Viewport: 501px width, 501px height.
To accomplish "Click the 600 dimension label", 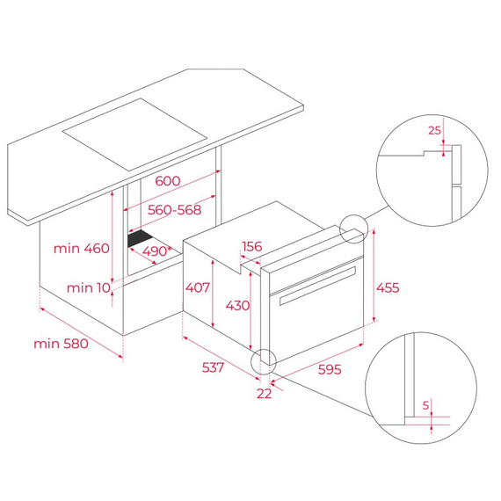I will click(167, 181).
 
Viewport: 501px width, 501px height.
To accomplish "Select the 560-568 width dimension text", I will click(174, 210).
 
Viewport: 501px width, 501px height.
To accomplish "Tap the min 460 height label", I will click(81, 249).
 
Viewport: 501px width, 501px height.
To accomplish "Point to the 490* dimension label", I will click(157, 250).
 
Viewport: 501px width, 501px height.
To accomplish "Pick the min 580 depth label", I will click(62, 345).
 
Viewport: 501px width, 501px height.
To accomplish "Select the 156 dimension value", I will click(252, 247).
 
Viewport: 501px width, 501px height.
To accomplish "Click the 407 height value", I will click(197, 287).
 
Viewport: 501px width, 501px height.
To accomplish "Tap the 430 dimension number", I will click(236, 305).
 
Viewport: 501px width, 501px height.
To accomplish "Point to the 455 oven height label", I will click(388, 287).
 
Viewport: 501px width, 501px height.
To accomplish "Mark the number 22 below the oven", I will click(264, 394).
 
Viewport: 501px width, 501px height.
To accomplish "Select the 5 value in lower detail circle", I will click(425, 405).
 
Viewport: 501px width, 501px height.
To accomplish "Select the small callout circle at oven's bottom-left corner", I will click(263, 362).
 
